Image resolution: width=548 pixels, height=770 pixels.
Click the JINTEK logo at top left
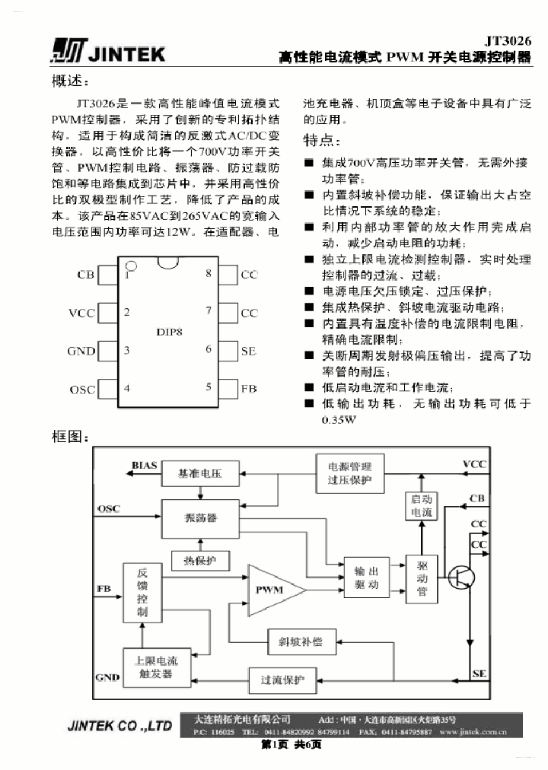(107, 51)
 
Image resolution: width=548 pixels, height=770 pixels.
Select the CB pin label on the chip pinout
(85, 275)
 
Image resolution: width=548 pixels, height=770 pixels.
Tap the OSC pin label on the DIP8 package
(82, 389)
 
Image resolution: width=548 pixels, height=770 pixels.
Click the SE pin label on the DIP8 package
(248, 351)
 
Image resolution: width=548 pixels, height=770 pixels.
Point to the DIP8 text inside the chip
(169, 332)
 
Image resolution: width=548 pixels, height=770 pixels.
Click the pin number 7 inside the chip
(208, 311)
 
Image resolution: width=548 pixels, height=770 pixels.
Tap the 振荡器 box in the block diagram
(200, 517)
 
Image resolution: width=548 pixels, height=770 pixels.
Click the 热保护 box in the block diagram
(199, 561)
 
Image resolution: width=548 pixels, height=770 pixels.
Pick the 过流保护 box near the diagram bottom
(282, 679)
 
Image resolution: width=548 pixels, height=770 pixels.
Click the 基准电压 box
(199, 473)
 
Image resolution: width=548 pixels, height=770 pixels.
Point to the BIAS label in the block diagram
(144, 464)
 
